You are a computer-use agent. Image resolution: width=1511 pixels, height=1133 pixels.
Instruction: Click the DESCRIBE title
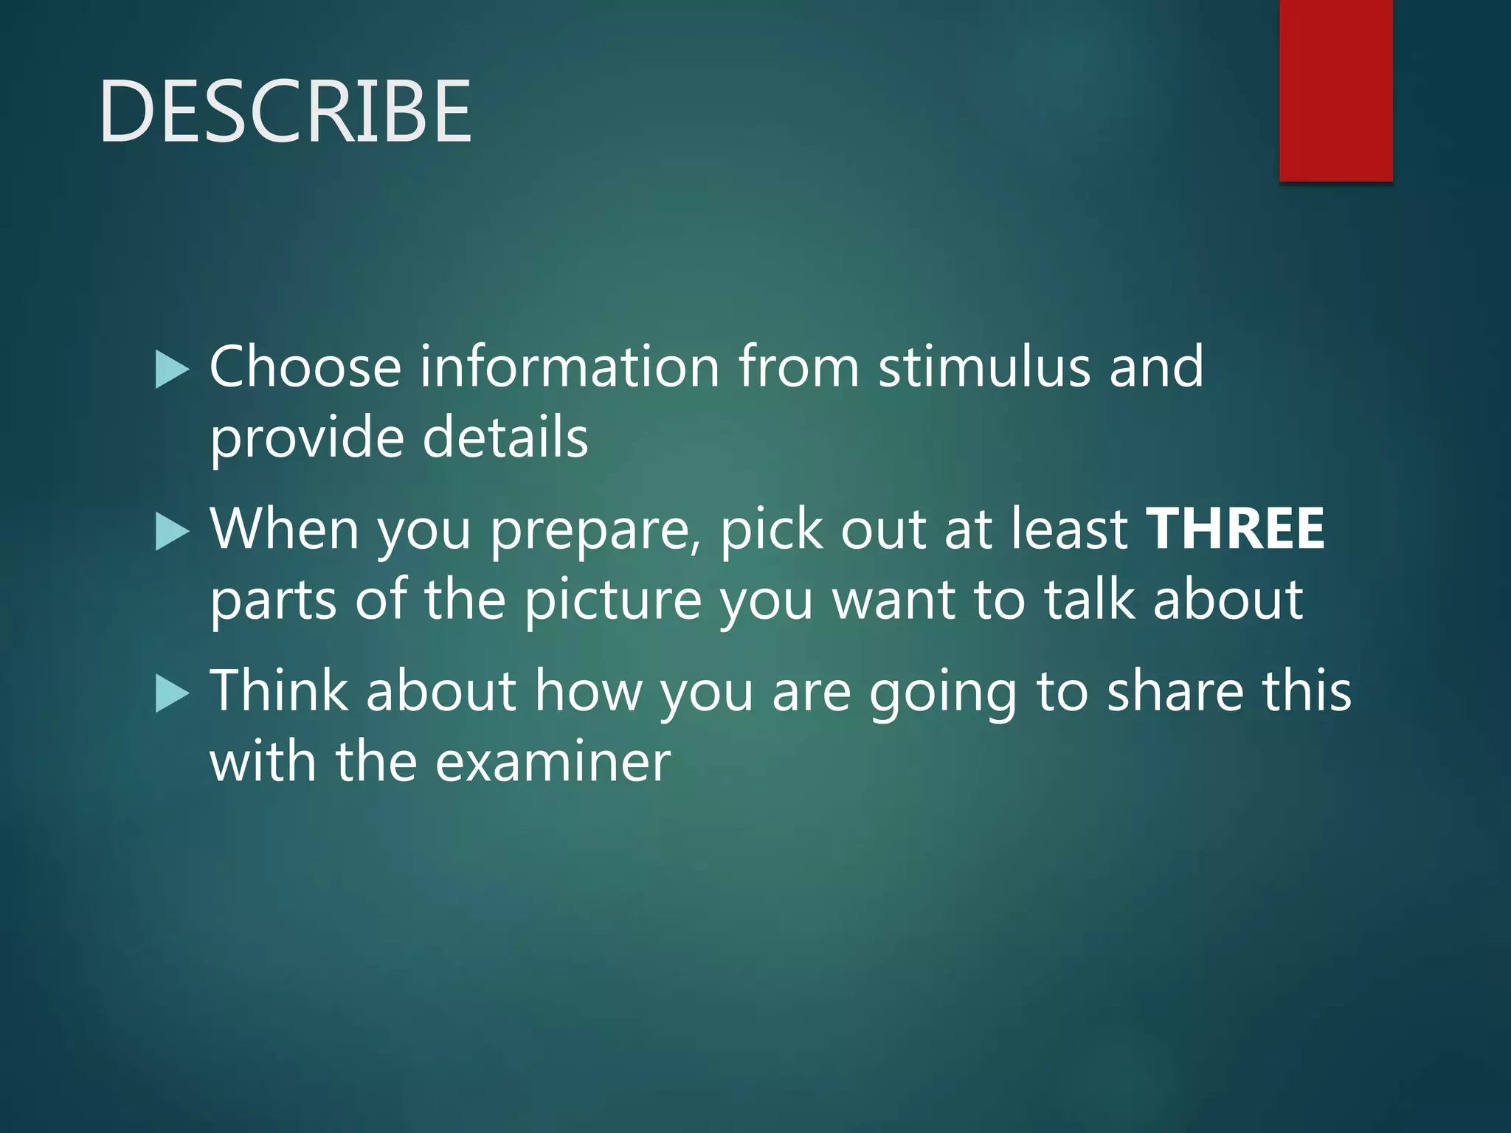(285, 111)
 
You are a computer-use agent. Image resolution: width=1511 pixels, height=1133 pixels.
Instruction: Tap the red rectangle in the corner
(1335, 90)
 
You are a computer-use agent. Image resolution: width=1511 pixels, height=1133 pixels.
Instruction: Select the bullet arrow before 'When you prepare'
(173, 532)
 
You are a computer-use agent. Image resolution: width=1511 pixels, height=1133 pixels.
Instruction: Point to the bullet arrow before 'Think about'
(173, 694)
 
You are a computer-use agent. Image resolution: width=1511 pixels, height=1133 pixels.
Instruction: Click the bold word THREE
(1236, 529)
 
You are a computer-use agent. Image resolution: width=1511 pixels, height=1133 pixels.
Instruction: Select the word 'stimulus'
(983, 367)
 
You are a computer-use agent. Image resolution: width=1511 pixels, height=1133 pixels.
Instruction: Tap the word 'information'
(570, 367)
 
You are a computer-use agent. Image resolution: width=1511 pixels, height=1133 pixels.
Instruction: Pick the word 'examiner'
(553, 762)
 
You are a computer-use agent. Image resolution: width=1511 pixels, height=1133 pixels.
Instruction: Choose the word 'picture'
(612, 600)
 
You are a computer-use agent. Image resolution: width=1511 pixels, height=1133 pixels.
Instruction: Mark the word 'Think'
(279, 691)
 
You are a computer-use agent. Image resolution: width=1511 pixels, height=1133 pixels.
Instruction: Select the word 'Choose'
(305, 367)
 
